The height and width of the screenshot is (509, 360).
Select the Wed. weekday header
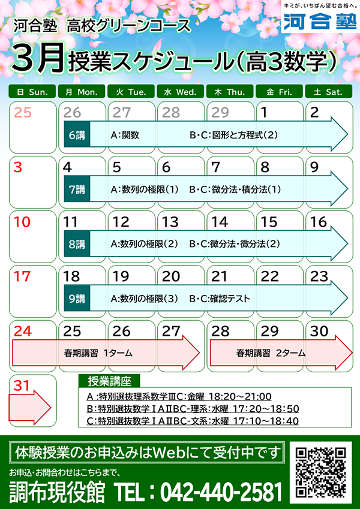coord(181,92)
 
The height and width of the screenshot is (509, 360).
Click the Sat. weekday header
coord(328,92)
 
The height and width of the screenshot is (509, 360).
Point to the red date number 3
coord(18,167)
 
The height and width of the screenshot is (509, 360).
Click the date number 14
coord(220,222)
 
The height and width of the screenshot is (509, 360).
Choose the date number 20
coord(171,276)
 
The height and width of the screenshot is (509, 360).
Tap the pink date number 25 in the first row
coord(23,113)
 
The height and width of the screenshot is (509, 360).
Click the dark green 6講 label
coord(77,134)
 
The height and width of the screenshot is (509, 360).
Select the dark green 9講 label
coord(77,299)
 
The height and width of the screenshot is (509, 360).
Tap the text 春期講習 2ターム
coord(271,353)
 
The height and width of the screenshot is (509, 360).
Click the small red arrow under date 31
coord(29,406)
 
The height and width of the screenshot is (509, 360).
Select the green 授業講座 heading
coord(109,381)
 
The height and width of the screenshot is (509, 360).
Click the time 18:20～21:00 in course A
coord(240,396)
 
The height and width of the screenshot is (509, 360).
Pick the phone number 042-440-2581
coord(221,492)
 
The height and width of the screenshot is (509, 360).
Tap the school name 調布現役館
coord(57,492)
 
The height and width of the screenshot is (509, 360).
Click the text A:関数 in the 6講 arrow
coord(125,135)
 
